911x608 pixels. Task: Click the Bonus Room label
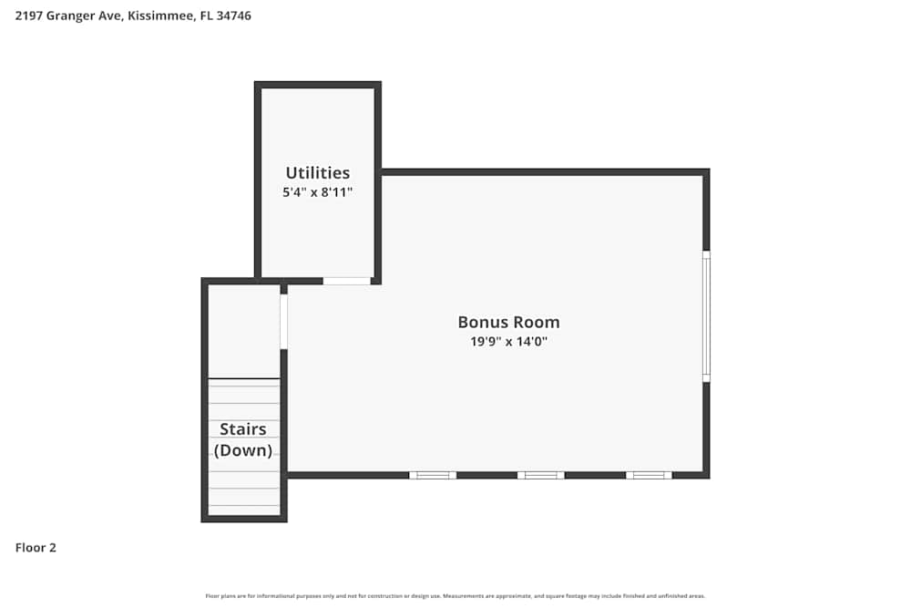click(x=508, y=322)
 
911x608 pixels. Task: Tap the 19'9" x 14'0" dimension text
click(x=508, y=342)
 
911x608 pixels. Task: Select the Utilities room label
click(x=317, y=172)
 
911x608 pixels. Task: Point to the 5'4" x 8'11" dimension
click(x=317, y=192)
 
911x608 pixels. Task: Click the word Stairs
click(x=243, y=429)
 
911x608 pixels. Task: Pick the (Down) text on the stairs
click(x=243, y=450)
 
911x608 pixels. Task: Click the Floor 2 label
click(x=36, y=548)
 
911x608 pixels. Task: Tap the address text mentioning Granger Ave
click(x=133, y=15)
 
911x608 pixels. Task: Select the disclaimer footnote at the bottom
click(x=455, y=596)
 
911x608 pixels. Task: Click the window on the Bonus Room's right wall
click(x=706, y=315)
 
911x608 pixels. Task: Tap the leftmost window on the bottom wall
click(x=433, y=475)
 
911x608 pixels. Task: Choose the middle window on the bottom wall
click(x=541, y=475)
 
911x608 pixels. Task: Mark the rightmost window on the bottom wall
click(x=649, y=475)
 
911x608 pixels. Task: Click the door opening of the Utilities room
click(x=347, y=281)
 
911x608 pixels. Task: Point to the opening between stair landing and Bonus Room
click(x=283, y=321)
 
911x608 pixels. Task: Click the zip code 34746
click(x=232, y=15)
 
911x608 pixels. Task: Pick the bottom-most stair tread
click(x=244, y=510)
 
